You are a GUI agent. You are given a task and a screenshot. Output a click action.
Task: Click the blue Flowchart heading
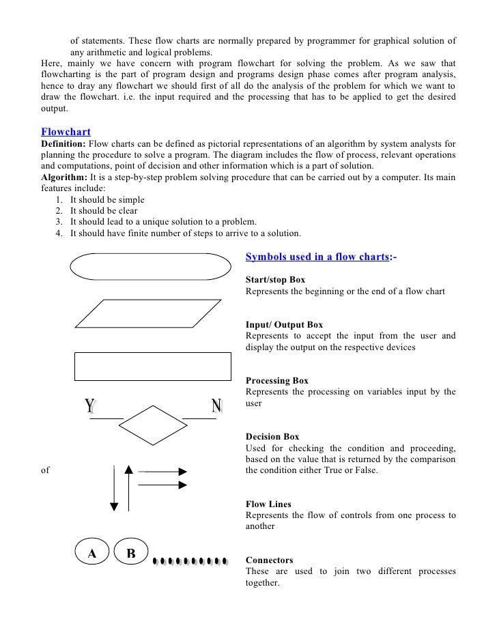[x=66, y=131]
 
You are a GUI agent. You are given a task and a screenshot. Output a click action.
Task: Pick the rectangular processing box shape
[x=152, y=366]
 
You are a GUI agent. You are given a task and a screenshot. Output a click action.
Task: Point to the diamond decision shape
[x=152, y=426]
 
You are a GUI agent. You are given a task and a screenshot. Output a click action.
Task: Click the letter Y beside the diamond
[x=89, y=407]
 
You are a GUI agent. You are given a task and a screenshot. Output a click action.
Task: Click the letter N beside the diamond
[x=217, y=407]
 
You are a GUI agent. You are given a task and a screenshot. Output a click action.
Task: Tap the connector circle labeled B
[x=131, y=554]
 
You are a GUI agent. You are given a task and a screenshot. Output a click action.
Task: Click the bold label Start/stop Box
[x=275, y=280]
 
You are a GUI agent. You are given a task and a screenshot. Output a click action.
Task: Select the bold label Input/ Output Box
[x=284, y=324]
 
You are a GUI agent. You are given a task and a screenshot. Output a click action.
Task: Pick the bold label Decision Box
[x=272, y=436]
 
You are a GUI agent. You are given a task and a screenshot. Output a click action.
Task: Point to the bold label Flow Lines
[x=268, y=504]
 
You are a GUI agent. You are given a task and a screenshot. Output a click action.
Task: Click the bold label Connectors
[x=269, y=560]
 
